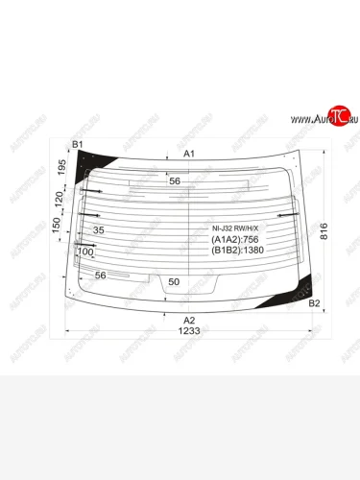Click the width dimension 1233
[189, 331]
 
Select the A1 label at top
[189, 154]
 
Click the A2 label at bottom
[189, 320]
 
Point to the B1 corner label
[79, 144]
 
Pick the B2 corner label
[313, 303]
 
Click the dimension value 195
[60, 169]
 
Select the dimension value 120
[60, 200]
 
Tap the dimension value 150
[60, 228]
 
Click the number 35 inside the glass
[99, 230]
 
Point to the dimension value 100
[85, 252]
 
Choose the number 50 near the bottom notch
[174, 281]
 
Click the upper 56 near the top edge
[174, 180]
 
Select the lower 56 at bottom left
[99, 276]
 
